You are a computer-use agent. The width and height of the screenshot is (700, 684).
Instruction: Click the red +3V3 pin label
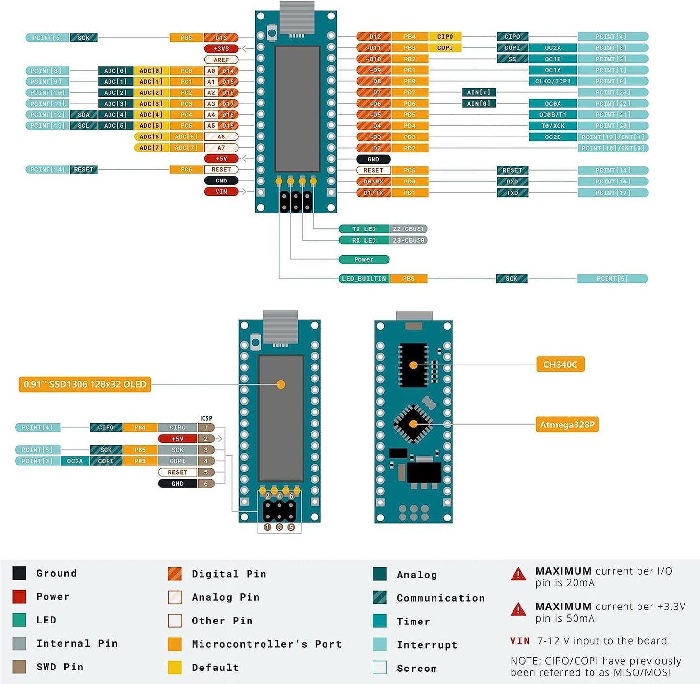click(x=221, y=48)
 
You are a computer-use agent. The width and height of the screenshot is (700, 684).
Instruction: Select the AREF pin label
click(x=221, y=60)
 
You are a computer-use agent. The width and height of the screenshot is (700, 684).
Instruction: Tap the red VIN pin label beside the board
click(x=221, y=192)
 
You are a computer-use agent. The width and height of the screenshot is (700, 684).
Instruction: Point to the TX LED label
click(x=364, y=229)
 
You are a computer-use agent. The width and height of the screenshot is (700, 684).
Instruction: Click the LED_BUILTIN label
click(x=364, y=279)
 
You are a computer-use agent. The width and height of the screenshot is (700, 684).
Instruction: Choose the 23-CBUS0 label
click(x=409, y=240)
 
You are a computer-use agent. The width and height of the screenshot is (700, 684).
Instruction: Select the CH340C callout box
click(x=560, y=365)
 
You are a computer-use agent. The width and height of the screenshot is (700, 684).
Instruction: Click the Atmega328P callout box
click(x=567, y=425)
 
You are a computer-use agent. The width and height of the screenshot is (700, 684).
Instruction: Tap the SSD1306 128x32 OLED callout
click(x=85, y=384)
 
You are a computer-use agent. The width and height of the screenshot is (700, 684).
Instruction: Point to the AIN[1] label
click(x=479, y=92)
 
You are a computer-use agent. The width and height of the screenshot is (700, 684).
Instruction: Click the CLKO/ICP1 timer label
click(x=553, y=81)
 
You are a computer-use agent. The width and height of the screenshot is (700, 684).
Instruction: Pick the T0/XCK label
click(x=553, y=126)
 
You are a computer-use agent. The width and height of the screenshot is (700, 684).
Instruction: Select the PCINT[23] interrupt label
click(x=612, y=92)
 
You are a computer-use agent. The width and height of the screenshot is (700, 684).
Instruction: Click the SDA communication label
click(x=84, y=115)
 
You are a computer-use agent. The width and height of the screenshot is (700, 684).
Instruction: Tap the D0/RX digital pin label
click(x=373, y=182)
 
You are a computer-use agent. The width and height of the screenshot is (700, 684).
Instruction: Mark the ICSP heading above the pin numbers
click(x=206, y=418)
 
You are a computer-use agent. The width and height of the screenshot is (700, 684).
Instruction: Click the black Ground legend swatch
click(x=19, y=573)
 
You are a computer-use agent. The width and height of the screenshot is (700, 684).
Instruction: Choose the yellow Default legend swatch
click(x=174, y=668)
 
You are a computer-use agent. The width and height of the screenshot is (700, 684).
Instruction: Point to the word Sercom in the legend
click(x=417, y=669)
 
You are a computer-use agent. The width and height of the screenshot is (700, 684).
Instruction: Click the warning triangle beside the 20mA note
click(x=518, y=574)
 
